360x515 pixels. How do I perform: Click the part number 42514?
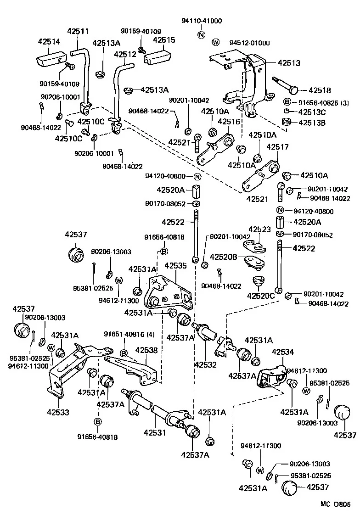[49, 42]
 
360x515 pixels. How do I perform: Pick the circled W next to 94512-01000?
[216, 43]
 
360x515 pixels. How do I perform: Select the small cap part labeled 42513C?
[287, 112]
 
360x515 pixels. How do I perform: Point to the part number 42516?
[229, 122]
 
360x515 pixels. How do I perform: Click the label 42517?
[277, 147]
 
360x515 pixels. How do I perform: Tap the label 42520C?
[259, 296]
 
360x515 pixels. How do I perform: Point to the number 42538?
[146, 350]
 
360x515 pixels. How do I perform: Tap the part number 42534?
[283, 352]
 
